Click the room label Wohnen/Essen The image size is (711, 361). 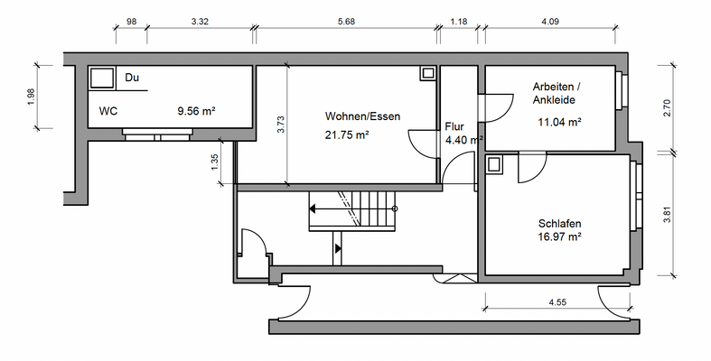click(362, 116)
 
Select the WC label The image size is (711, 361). click(108, 112)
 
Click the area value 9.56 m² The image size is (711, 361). click(196, 112)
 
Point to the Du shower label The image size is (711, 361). click(132, 79)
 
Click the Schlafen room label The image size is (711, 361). click(559, 223)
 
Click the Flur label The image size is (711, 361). click(454, 127)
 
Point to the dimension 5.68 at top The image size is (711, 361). click(345, 20)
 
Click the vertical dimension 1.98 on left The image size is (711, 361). click(31, 97)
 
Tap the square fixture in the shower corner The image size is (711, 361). click(102, 79)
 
